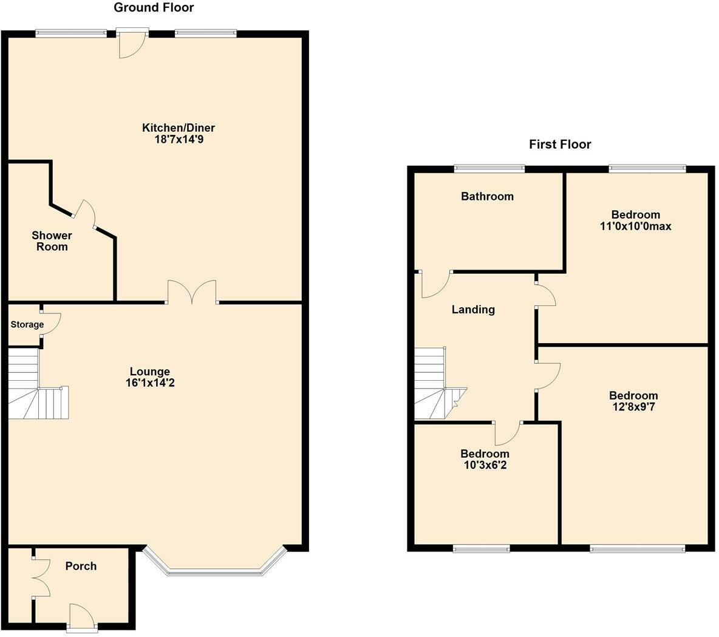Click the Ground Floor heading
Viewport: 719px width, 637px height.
coord(154,8)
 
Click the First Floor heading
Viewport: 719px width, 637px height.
coord(559,145)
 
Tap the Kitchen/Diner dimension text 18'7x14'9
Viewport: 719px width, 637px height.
coord(178,140)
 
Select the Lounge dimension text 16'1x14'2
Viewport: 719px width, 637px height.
coord(149,383)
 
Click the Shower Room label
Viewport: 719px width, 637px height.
coord(52,241)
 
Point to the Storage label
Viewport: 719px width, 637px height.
coord(27,325)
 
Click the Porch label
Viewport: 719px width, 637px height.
coord(81,566)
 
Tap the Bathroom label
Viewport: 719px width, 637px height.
coord(487,196)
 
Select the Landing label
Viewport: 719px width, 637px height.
coord(473,310)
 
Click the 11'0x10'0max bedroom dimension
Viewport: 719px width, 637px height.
coord(635,227)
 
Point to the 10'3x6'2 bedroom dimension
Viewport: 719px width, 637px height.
coord(484,466)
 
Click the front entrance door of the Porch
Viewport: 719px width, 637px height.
coord(81,616)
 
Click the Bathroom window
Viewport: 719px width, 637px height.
coord(489,169)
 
